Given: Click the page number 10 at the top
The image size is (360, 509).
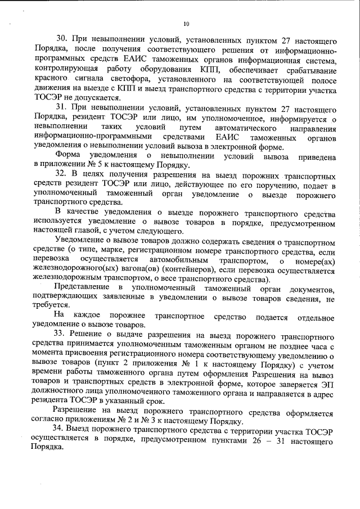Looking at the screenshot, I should [186, 24].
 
